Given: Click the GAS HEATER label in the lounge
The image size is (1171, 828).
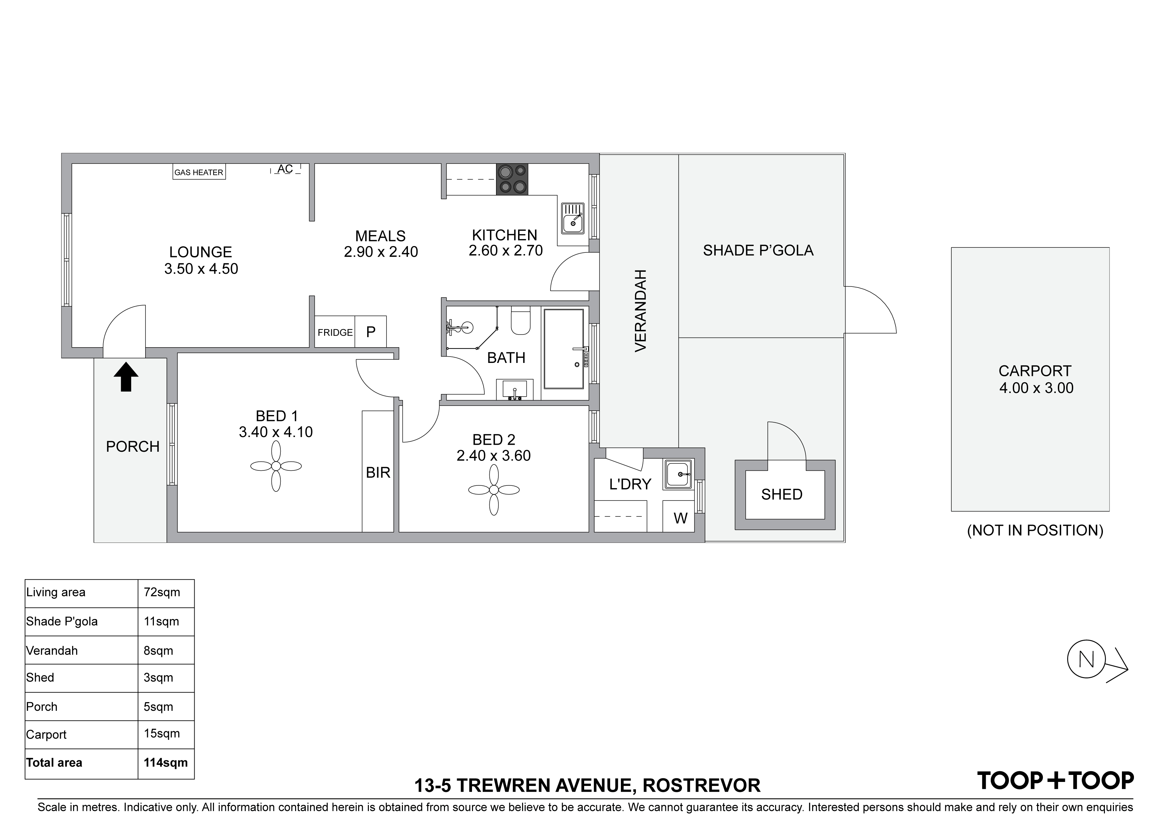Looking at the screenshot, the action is click(199, 172).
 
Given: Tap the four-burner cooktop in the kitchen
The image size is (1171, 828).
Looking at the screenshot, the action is click(512, 179).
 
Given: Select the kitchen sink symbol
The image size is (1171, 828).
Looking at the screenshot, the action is click(573, 217).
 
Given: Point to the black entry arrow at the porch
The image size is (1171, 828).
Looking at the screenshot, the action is click(126, 377).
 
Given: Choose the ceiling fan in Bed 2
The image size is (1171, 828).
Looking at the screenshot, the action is click(494, 490).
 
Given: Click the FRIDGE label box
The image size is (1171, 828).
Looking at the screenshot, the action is click(335, 332).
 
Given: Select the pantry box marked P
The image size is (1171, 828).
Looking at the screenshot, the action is click(371, 332).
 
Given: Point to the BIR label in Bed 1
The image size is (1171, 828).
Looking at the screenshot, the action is click(378, 472).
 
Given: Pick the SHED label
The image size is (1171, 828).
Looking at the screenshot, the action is click(782, 494).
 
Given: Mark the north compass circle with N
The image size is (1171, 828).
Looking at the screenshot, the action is click(1086, 659).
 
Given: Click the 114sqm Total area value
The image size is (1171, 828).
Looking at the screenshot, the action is click(166, 763).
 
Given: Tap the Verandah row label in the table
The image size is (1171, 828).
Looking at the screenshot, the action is click(52, 650).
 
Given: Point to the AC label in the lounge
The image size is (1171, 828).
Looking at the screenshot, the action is click(285, 169).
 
